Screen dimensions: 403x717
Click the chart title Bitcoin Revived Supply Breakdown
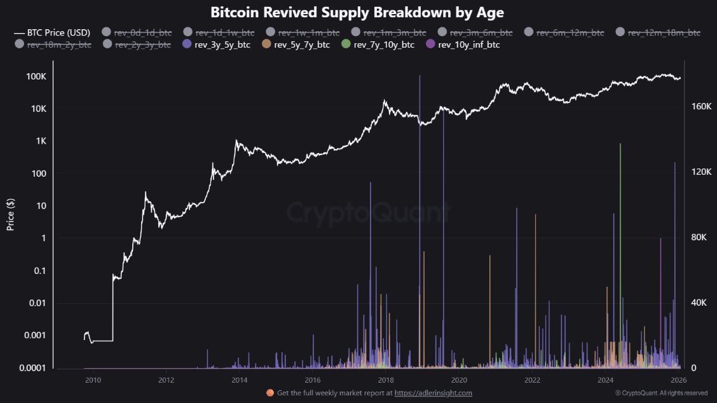(x=357, y=12)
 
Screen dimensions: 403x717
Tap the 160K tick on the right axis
(x=700, y=106)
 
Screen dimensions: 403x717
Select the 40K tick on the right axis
(x=698, y=303)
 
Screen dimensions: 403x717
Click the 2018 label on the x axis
(x=385, y=380)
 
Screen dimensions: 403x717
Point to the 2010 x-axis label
(x=93, y=380)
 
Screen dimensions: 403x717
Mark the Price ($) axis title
(x=11, y=214)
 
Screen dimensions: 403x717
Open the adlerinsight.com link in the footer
(x=433, y=393)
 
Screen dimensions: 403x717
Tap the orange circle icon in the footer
(x=270, y=393)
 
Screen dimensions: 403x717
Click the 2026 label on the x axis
(x=679, y=380)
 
